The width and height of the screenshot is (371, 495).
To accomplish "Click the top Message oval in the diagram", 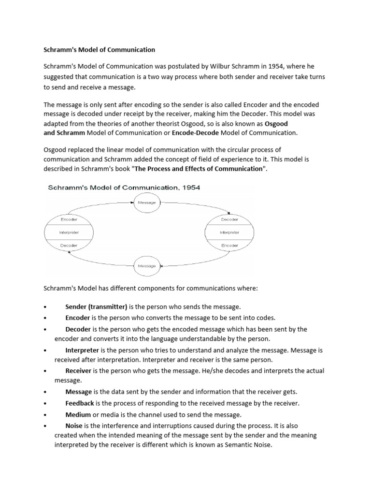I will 147,203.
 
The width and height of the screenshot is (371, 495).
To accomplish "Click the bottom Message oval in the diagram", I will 147,265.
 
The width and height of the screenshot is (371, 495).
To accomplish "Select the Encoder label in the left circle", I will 69,219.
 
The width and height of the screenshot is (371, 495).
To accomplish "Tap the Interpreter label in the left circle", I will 69,233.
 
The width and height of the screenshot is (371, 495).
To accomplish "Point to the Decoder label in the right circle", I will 229,219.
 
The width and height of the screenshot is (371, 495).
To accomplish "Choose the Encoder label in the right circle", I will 229,246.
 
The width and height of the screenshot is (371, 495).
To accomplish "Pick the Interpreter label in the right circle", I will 229,233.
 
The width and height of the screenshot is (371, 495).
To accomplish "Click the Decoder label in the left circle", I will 69,246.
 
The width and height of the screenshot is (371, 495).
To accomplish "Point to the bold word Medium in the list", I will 77,414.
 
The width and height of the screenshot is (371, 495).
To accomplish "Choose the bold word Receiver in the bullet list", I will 78,370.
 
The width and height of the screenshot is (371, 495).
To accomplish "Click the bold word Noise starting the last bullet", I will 74,426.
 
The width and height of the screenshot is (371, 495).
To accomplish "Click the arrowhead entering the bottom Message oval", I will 162,265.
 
